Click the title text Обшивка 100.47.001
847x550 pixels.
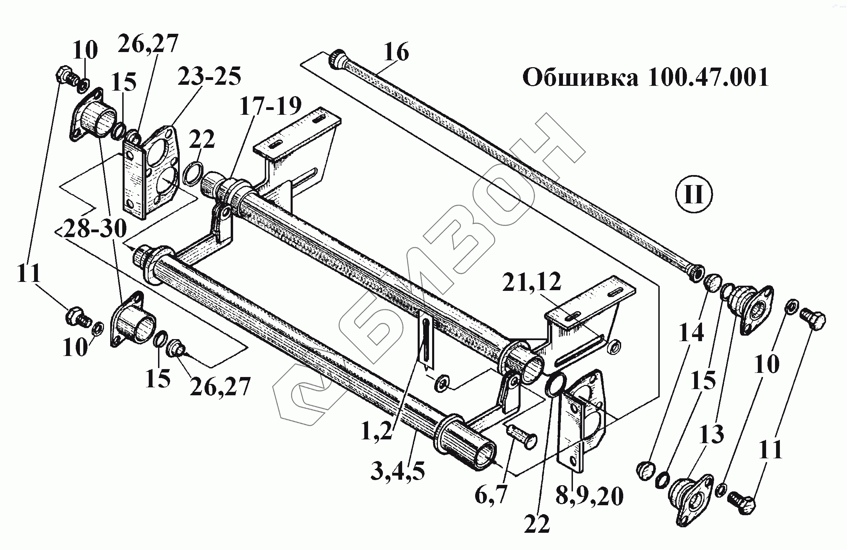645,77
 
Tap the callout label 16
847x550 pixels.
396,52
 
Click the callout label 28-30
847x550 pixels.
95,228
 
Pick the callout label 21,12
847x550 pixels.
532,282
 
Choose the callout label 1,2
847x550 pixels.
377,432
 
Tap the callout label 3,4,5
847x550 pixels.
398,471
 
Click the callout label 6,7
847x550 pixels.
491,495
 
